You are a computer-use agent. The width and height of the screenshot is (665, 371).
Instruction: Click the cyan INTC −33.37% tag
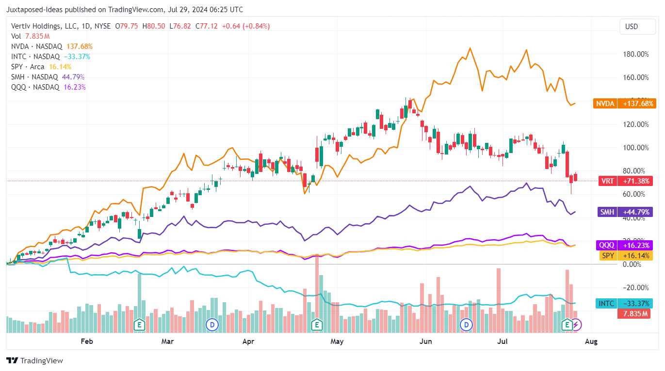click(624, 304)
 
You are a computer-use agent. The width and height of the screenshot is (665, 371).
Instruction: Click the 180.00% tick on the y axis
click(635, 54)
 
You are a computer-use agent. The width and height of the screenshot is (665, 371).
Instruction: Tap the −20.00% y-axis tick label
click(636, 288)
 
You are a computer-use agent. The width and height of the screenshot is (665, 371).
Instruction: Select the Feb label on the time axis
click(86, 341)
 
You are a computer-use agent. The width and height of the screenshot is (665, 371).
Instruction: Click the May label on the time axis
click(337, 341)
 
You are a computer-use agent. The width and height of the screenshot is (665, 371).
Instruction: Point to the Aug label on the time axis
click(591, 341)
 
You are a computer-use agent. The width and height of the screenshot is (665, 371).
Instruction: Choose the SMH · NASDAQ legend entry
click(34, 77)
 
